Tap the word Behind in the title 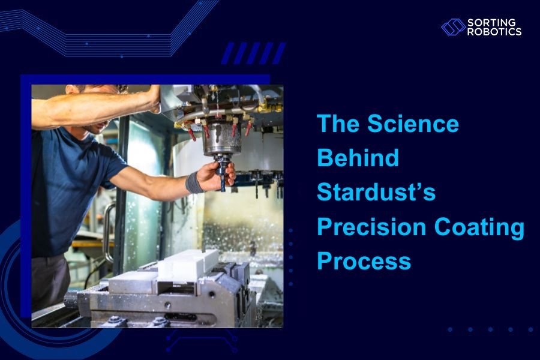(358, 158)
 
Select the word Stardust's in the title (376, 193)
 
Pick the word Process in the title (364, 262)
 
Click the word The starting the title (338, 124)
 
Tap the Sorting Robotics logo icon (453, 27)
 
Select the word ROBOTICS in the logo (494, 32)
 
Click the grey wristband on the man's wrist (194, 182)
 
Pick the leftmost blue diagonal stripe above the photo (228, 53)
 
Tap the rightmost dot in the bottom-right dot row (530, 329)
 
